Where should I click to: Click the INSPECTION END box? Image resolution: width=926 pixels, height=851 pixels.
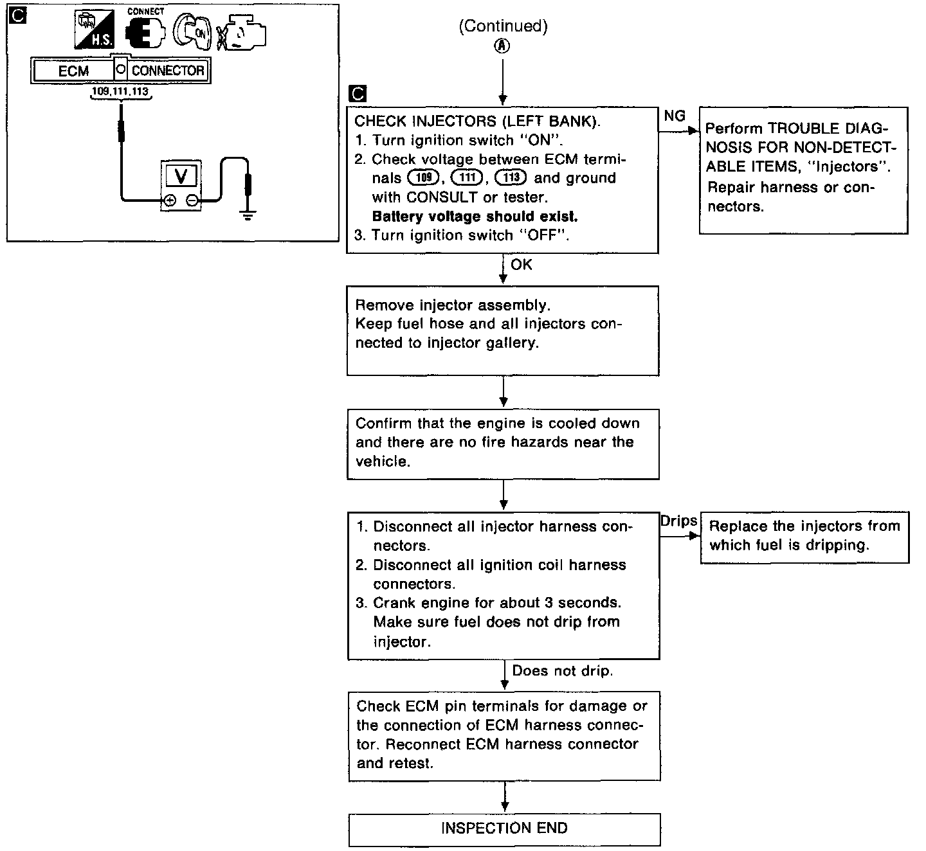(504, 829)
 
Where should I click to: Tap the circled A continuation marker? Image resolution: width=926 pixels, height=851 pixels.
(502, 46)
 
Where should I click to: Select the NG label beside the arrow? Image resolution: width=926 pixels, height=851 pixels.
(674, 116)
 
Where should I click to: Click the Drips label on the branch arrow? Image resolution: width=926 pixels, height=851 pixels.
(678, 521)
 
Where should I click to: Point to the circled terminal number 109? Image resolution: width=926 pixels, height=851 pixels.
(422, 178)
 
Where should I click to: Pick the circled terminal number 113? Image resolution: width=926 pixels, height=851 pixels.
(511, 178)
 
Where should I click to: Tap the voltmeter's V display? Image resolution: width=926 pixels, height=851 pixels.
(181, 175)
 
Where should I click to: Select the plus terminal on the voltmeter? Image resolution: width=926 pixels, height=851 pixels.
(169, 201)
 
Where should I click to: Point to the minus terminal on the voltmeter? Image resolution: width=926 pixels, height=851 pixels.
(192, 201)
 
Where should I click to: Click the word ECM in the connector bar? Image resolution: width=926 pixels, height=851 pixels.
(73, 71)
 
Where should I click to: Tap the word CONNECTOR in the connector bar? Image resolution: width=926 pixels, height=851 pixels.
(168, 71)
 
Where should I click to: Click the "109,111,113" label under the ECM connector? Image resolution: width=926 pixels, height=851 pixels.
(120, 92)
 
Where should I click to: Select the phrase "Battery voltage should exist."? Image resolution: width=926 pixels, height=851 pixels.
(475, 216)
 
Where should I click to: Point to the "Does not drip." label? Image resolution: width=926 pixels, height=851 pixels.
(562, 671)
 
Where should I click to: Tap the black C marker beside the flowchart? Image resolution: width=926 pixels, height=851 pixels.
(356, 94)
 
